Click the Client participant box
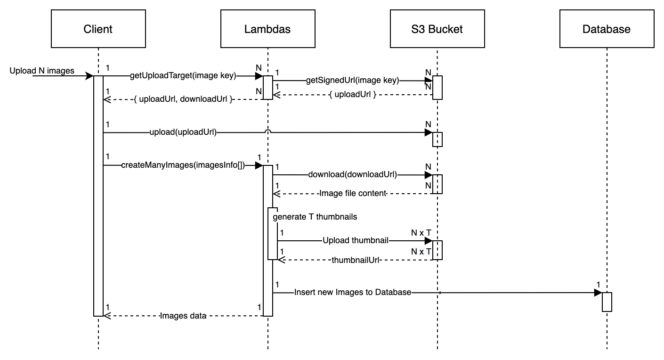(98, 29)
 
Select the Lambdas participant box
(267, 29)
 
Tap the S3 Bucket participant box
(437, 29)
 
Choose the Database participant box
(607, 29)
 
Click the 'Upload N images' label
(42, 71)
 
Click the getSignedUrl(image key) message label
(352, 81)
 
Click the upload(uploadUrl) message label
(183, 132)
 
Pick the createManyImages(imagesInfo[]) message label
(183, 165)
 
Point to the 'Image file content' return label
(353, 194)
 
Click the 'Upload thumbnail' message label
(356, 241)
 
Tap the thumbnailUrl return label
(356, 260)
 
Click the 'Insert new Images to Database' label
(353, 293)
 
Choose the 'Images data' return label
(183, 316)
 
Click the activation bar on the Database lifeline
(607, 302)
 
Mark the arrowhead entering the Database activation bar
(598, 293)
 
